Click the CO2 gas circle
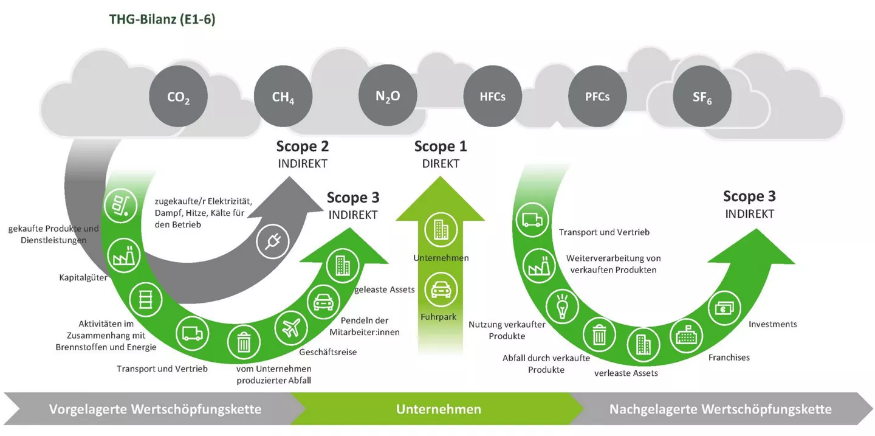(x=178, y=97)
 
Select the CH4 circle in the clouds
(x=283, y=97)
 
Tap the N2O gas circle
(x=388, y=96)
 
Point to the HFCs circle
(x=492, y=96)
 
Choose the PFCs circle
(x=597, y=96)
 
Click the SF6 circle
(x=702, y=97)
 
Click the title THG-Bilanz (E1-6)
(x=162, y=20)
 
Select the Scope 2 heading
(x=302, y=147)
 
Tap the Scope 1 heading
(x=441, y=147)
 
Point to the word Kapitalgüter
(x=83, y=278)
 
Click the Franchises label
(x=729, y=358)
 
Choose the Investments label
(x=772, y=324)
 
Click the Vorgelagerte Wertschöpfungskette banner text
(x=155, y=409)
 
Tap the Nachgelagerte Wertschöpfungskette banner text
(x=720, y=409)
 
